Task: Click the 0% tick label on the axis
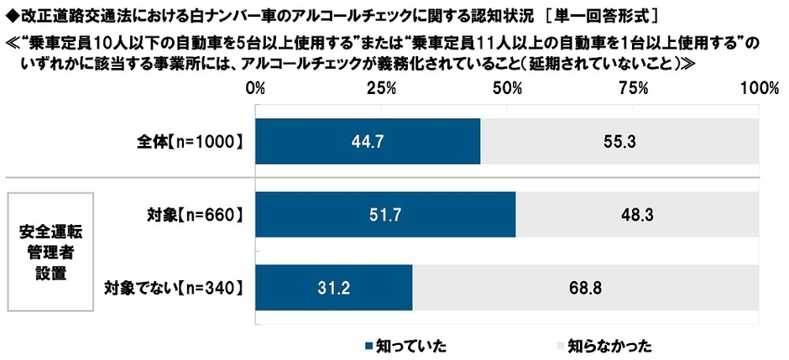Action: click(x=256, y=89)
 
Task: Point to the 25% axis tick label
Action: click(x=382, y=89)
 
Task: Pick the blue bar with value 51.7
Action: click(x=385, y=215)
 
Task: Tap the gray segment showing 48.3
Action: click(x=637, y=215)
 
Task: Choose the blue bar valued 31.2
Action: click(x=334, y=289)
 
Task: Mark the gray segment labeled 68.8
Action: click(x=586, y=289)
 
